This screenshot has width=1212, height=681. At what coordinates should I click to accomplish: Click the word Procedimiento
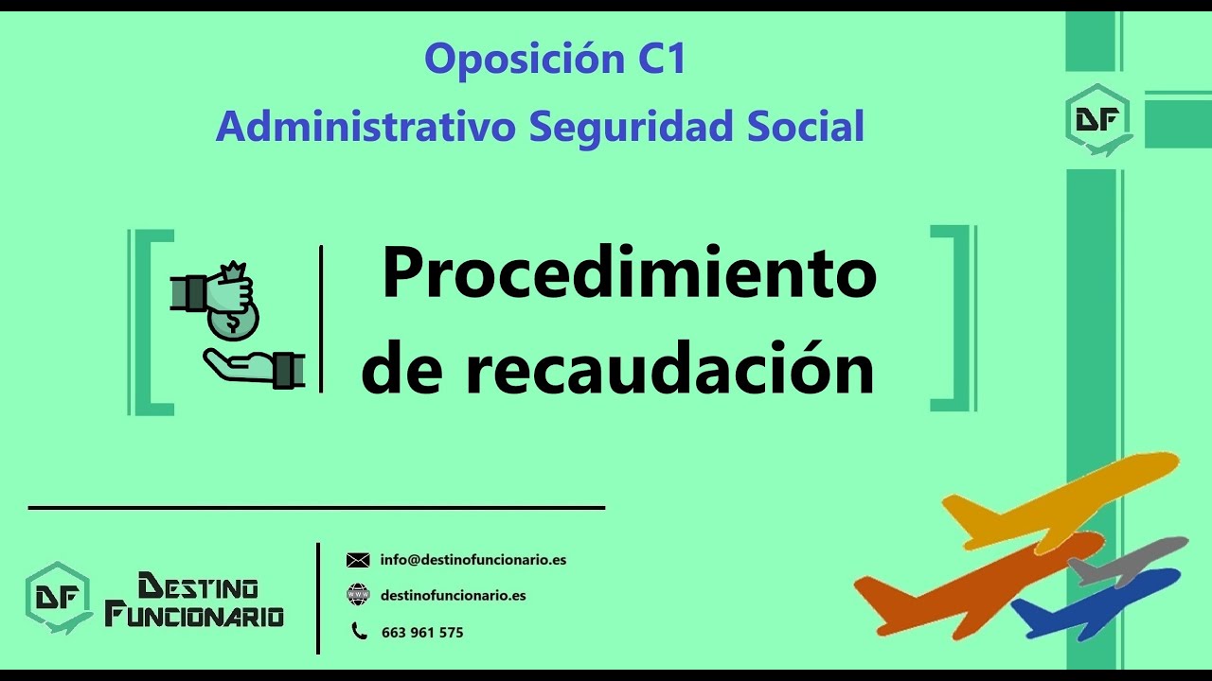pyautogui.click(x=629, y=273)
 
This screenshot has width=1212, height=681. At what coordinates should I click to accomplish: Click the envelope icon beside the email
pyautogui.click(x=358, y=560)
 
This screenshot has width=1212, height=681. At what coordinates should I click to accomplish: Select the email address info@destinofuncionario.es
pyautogui.click(x=473, y=559)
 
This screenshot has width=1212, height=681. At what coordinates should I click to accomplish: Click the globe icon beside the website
pyautogui.click(x=358, y=595)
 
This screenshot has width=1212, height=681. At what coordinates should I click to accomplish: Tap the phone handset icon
pyautogui.click(x=359, y=631)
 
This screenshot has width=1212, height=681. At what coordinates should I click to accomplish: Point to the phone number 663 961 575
pyautogui.click(x=422, y=632)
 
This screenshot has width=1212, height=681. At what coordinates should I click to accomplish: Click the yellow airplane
pyautogui.click(x=1060, y=501)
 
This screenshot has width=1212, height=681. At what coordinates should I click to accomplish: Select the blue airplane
pyautogui.click(x=1098, y=601)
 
